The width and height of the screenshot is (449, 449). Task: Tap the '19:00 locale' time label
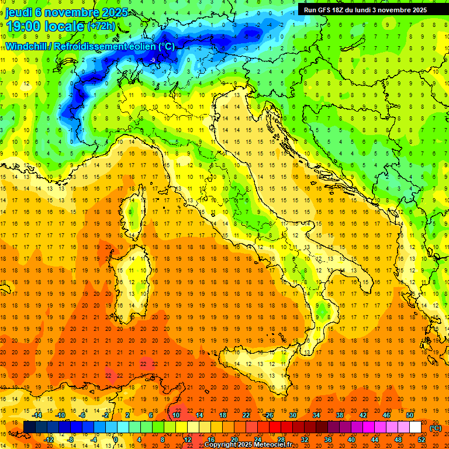click(44, 27)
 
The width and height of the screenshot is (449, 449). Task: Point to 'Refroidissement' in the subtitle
click(89, 46)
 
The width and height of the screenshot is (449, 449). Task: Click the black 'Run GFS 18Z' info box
click(365, 10)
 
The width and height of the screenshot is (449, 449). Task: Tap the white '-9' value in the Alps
click(153, 60)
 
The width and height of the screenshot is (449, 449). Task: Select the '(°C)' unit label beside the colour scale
click(436, 428)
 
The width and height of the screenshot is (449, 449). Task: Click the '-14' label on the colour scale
click(37, 415)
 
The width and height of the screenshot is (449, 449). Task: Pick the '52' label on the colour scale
click(422, 440)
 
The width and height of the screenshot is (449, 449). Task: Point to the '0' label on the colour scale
click(116, 440)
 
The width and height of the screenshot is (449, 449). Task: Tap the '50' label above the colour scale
click(409, 415)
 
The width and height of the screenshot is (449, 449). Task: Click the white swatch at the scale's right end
click(415, 427)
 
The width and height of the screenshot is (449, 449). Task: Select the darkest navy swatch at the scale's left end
click(29, 427)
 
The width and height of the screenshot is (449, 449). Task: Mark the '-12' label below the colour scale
click(49, 440)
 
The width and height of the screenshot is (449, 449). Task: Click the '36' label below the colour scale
click(328, 440)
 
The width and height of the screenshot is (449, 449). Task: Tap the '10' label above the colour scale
click(175, 415)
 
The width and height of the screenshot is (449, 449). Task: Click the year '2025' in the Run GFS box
click(416, 10)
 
